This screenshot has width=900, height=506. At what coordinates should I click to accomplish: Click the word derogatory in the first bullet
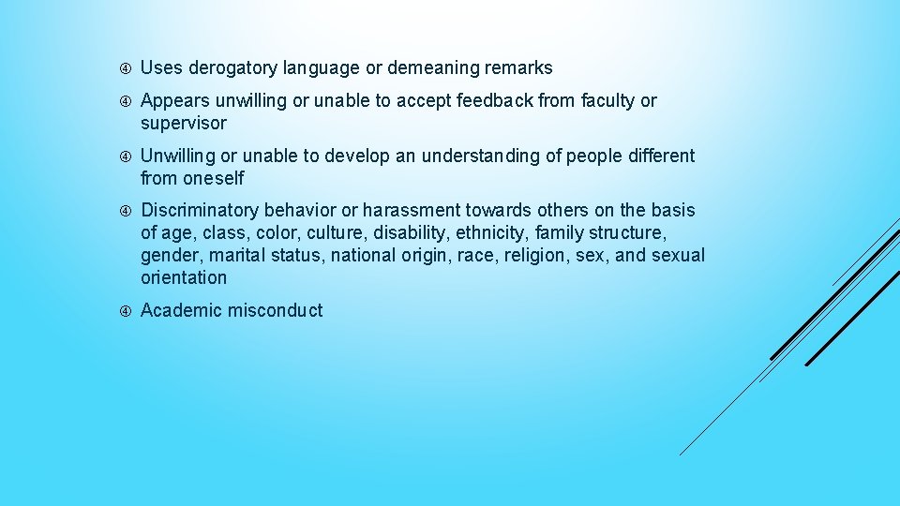click(231, 68)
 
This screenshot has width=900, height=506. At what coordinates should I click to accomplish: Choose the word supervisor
click(184, 124)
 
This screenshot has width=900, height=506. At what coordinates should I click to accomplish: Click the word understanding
click(480, 156)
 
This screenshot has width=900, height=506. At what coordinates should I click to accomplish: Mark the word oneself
click(214, 178)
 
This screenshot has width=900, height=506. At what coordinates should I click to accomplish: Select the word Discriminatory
click(200, 211)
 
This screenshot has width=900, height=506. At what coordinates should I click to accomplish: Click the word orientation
click(184, 278)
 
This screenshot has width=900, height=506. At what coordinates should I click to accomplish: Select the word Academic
click(180, 311)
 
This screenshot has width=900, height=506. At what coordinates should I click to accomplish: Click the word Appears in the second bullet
click(173, 101)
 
